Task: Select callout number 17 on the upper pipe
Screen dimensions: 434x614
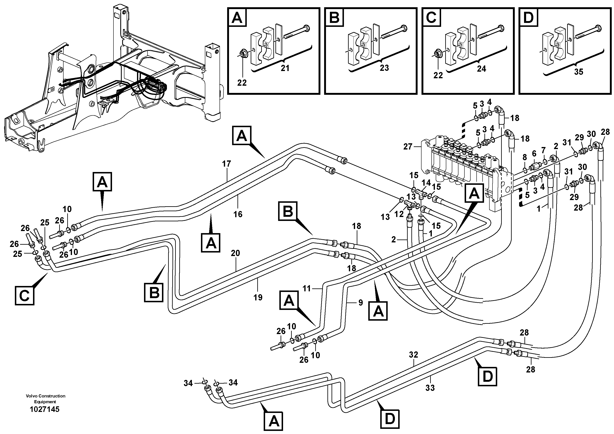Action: click(226, 164)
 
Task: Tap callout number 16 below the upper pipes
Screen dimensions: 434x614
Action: click(238, 214)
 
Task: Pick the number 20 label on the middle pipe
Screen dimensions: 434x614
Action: click(235, 253)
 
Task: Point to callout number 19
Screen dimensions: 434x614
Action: click(258, 298)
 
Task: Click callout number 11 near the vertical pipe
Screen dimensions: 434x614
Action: click(307, 288)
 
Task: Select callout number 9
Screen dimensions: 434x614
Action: click(360, 303)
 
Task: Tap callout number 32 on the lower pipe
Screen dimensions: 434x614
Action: click(413, 355)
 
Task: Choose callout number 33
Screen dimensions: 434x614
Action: click(430, 388)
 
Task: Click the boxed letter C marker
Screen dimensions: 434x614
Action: click(25, 295)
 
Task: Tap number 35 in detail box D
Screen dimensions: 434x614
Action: click(579, 72)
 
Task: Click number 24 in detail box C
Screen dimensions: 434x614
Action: click(481, 69)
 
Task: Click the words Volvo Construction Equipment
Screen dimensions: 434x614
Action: click(45, 399)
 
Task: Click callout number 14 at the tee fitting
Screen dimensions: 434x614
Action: click(426, 183)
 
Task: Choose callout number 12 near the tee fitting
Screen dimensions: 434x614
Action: click(399, 213)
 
